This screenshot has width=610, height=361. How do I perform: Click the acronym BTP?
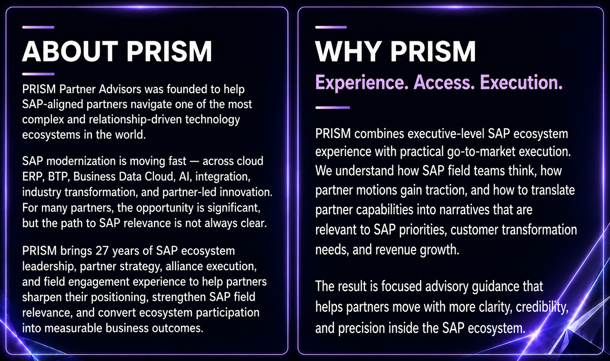coord(58,177)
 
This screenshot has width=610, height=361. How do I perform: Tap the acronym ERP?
coord(32,177)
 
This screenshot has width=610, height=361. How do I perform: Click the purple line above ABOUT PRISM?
coord(39,27)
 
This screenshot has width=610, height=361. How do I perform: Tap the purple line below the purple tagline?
coord(333,108)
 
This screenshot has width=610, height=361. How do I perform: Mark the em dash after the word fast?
coord(194,161)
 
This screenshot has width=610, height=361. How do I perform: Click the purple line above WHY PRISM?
coord(331,27)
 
